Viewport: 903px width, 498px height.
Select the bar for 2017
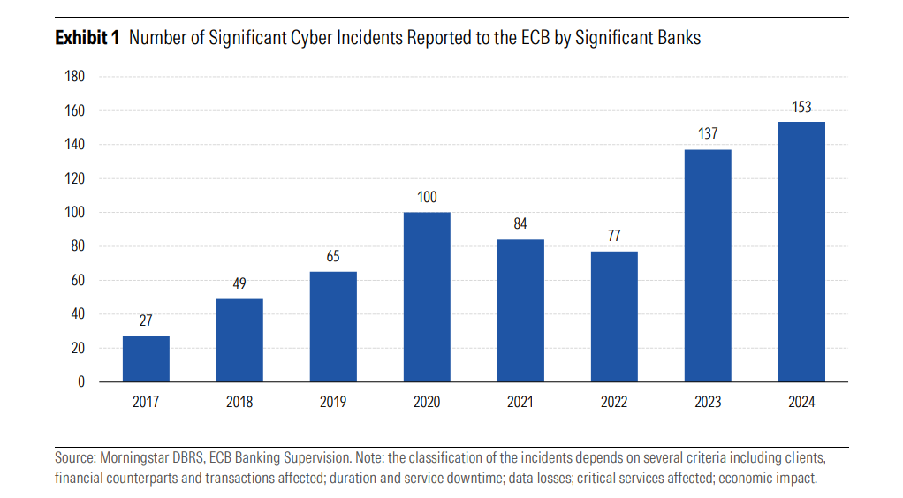pyautogui.click(x=146, y=358)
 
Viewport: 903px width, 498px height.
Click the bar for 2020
pyautogui.click(x=427, y=297)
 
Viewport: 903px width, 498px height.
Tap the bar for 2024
pyautogui.click(x=801, y=252)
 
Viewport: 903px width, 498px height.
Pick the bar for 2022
pyautogui.click(x=614, y=316)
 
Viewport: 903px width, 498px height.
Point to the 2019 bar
pyautogui.click(x=333, y=327)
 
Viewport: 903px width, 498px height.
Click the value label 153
pyautogui.click(x=801, y=108)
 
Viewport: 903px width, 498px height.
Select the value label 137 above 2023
pyautogui.click(x=708, y=134)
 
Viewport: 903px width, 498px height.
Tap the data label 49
pyautogui.click(x=239, y=283)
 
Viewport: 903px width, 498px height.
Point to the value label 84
pyautogui.click(x=520, y=224)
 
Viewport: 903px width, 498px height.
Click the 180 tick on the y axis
pyautogui.click(x=75, y=77)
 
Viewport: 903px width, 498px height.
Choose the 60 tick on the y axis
pyautogui.click(x=78, y=280)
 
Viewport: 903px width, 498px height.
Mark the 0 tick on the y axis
pyautogui.click(x=81, y=381)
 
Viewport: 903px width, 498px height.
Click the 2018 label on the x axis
pyautogui.click(x=239, y=403)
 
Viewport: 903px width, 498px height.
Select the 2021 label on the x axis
pyautogui.click(x=520, y=403)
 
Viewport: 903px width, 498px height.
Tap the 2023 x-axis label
pyautogui.click(x=708, y=403)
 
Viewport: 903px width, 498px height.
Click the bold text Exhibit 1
pyautogui.click(x=87, y=38)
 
